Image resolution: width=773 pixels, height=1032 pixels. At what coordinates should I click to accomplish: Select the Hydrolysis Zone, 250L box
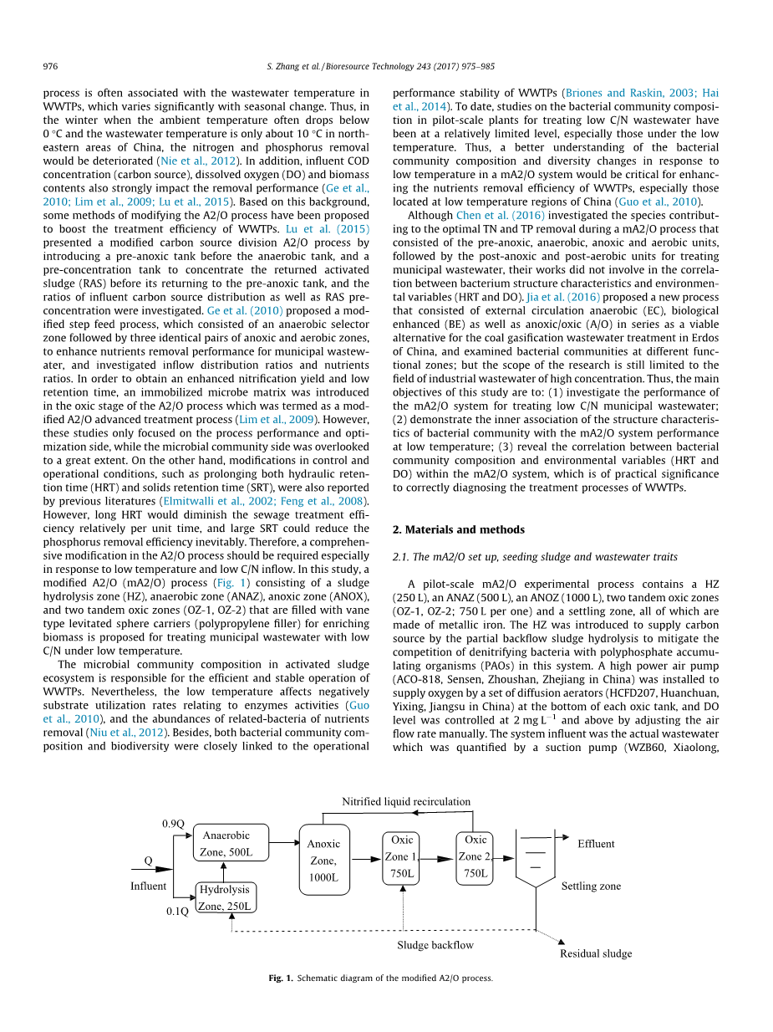[225, 897]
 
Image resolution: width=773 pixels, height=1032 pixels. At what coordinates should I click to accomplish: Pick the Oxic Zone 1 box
[402, 856]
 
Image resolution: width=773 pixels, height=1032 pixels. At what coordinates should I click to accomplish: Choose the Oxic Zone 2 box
[475, 856]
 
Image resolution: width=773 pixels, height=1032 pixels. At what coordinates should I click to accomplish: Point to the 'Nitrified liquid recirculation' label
[406, 801]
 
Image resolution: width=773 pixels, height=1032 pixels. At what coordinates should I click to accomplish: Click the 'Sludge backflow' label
[435, 945]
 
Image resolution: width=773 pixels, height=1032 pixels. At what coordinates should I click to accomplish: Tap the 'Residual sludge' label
[596, 953]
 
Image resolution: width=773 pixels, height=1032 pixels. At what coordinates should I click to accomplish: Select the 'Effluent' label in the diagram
[596, 844]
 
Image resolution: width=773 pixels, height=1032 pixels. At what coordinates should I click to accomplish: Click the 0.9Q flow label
[173, 824]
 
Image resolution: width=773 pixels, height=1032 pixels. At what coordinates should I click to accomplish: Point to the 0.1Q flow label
[177, 911]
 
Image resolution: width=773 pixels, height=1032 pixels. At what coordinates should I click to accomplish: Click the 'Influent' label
[148, 886]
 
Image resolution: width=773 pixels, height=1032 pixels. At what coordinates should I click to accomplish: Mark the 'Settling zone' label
[591, 886]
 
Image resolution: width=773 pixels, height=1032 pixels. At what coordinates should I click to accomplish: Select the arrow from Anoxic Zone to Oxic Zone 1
[365, 859]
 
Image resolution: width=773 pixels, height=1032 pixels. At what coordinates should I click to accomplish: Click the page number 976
[50, 66]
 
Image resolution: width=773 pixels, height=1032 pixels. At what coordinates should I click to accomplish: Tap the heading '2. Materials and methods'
[458, 529]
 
